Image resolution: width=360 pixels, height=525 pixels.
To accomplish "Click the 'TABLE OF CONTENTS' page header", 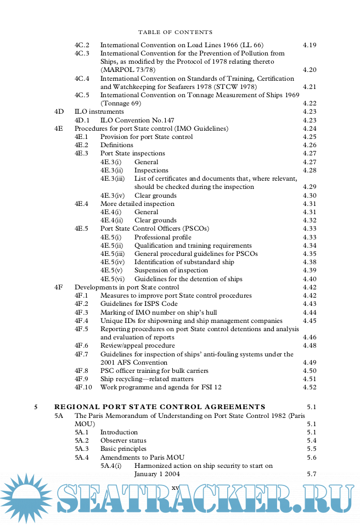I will pyautogui.click(x=175, y=32).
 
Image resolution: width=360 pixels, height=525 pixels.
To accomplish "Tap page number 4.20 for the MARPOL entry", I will pyautogui.click(x=310, y=70).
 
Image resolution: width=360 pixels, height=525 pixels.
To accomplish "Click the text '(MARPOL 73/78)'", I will pyautogui.click(x=128, y=70).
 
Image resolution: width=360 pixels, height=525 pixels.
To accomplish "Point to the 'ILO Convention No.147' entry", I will pyautogui.click(x=137, y=120).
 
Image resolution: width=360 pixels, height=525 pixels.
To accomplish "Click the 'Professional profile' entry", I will pyautogui.click(x=163, y=237).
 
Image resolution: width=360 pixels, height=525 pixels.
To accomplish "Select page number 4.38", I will pyautogui.click(x=310, y=262).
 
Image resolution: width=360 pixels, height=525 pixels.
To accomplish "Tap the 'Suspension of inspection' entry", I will pyautogui.click(x=171, y=270).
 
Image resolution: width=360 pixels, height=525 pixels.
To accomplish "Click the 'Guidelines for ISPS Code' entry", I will pyautogui.click(x=139, y=304).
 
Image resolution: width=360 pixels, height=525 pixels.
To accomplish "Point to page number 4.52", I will pyautogui.click(x=310, y=387).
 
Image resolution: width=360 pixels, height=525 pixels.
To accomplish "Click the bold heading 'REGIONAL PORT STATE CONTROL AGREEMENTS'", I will pyautogui.click(x=160, y=407).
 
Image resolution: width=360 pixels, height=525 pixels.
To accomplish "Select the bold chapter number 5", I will pyautogui.click(x=36, y=407).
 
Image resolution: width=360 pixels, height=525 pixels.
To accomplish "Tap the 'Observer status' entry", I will pyautogui.click(x=123, y=440).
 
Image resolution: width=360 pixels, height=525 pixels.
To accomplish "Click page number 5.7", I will pyautogui.click(x=312, y=474).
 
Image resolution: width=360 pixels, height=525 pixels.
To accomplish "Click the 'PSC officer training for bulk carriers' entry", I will pyautogui.click(x=154, y=371).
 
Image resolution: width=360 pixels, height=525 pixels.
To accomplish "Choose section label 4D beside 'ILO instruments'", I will pyautogui.click(x=59, y=111).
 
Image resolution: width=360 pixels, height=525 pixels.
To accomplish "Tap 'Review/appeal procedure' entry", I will pyautogui.click(x=137, y=345).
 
